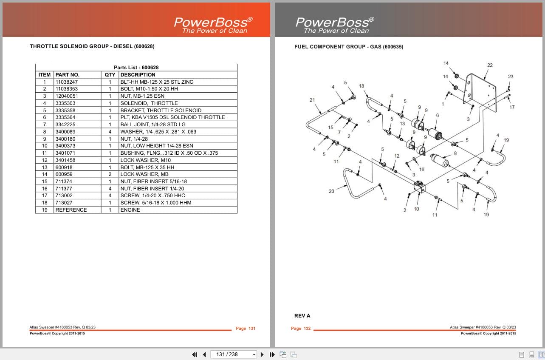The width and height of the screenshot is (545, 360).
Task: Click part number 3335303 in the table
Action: (x=65, y=103)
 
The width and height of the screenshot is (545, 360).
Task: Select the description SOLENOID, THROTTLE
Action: (x=149, y=103)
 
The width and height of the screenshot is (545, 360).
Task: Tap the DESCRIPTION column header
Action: (x=138, y=75)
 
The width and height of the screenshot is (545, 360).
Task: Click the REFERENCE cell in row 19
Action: (x=71, y=210)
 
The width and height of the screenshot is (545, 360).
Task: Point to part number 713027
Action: (x=64, y=203)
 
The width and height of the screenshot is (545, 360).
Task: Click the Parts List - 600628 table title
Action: (x=136, y=68)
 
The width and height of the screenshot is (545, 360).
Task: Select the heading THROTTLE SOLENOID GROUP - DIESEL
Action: (x=92, y=46)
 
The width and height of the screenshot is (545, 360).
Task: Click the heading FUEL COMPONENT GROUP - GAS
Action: (x=349, y=47)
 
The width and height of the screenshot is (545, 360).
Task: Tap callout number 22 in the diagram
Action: (x=490, y=65)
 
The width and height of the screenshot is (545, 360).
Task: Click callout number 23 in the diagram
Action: (x=510, y=77)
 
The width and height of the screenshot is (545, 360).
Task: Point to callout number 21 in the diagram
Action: (x=312, y=100)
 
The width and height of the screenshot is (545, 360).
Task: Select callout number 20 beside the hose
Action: (x=331, y=191)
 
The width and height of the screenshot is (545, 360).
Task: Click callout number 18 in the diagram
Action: (x=361, y=86)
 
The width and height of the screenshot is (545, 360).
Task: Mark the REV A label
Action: (x=302, y=316)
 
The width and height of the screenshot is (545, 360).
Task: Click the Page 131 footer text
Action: (x=246, y=329)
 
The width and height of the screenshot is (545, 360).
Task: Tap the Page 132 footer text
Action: (x=301, y=329)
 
